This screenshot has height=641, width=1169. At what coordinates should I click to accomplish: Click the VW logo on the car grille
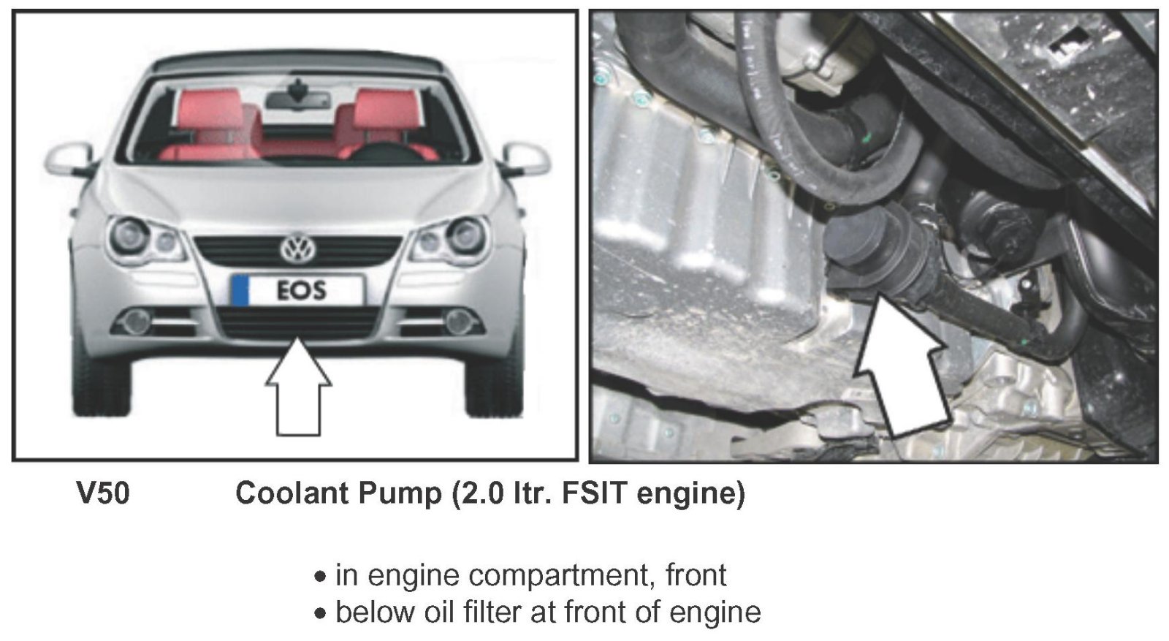[x=298, y=249]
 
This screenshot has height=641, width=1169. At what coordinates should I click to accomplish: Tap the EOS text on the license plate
[x=302, y=291]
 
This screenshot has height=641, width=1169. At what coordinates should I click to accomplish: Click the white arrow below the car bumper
[x=298, y=386]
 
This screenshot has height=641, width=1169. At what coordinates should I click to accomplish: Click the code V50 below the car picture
[x=103, y=493]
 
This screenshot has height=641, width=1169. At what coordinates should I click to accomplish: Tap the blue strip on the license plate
[x=240, y=290]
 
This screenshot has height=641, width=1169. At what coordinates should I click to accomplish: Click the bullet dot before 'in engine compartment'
[x=320, y=577]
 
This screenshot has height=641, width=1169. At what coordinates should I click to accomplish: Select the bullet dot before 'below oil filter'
[x=320, y=613]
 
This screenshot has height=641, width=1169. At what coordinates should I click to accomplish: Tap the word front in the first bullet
[x=696, y=575]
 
